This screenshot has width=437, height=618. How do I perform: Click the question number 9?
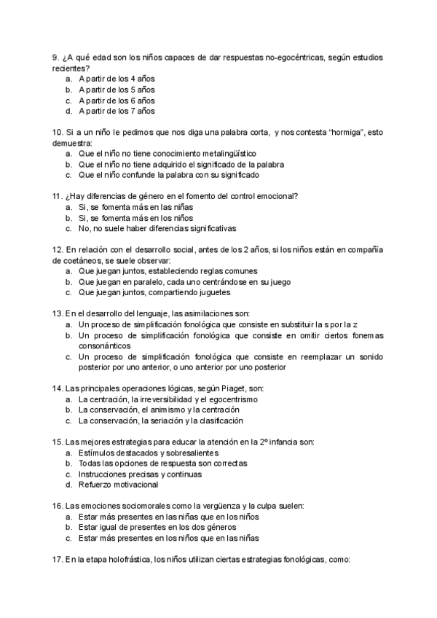pos(56,57)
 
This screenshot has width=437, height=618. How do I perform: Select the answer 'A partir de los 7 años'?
pos(117,112)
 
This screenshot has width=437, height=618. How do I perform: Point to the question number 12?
pos(58,249)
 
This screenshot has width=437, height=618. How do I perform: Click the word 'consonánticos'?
pos(105,345)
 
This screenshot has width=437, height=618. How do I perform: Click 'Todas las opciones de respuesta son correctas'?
pos(162,463)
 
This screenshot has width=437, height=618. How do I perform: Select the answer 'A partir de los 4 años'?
pos(117,79)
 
